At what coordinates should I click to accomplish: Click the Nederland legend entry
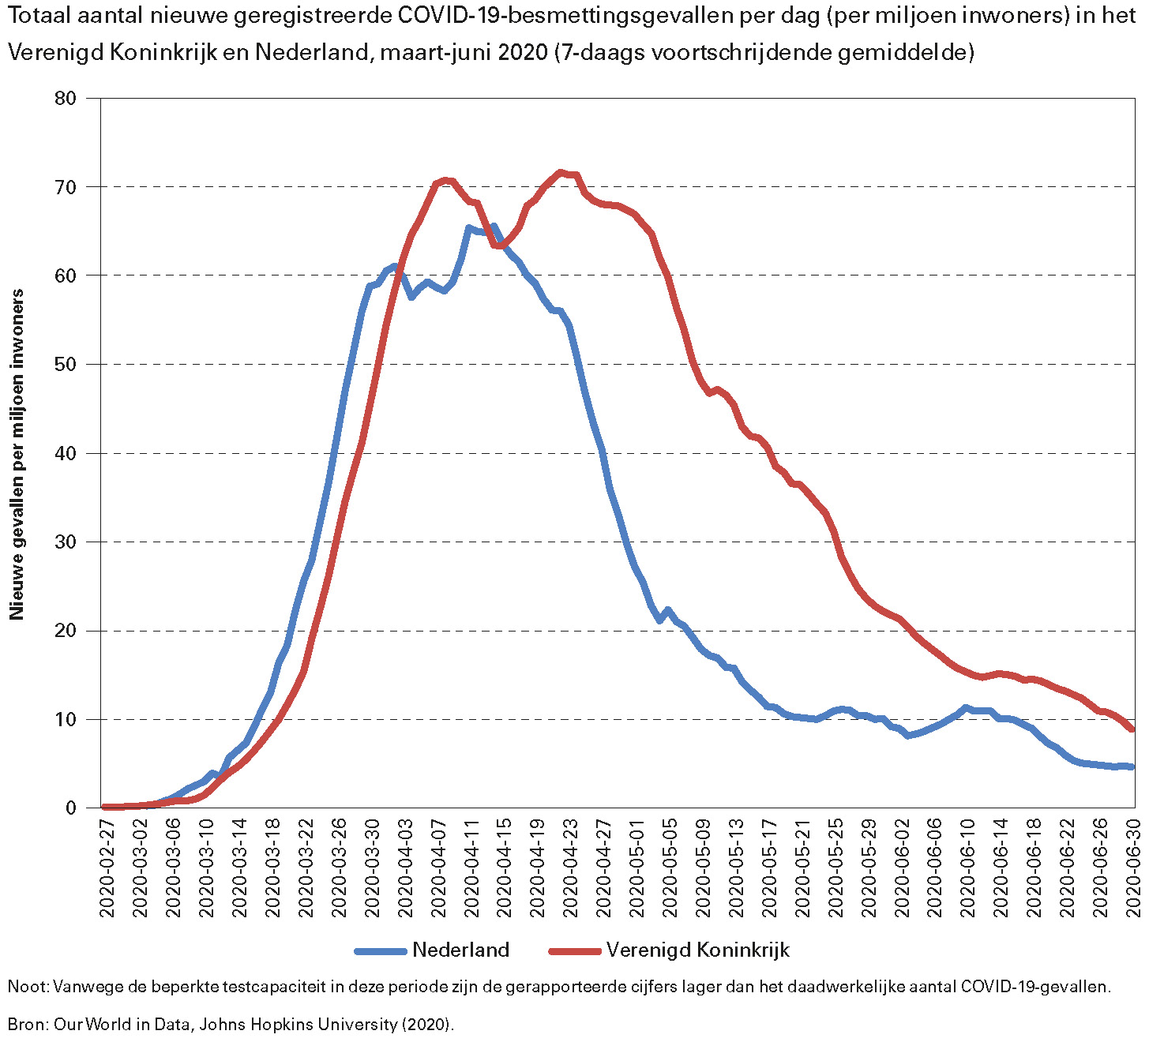point(460,950)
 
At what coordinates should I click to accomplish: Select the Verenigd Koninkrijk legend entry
point(698,950)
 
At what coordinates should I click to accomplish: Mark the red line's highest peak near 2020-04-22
point(561,172)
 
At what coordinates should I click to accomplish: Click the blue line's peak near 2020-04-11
point(469,228)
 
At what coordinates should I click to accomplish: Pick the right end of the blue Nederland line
point(1132,767)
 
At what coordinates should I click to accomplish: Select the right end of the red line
point(1132,729)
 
